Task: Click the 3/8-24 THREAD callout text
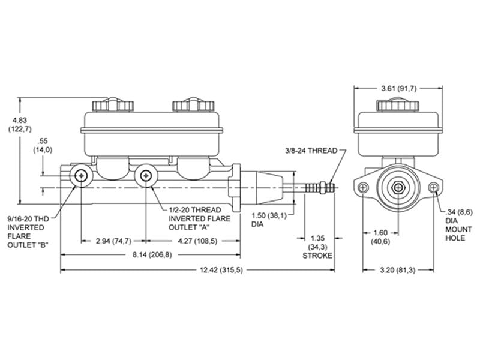(x=311, y=151)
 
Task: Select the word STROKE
(x=317, y=256)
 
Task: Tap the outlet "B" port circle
(x=82, y=176)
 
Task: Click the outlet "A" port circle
(x=146, y=176)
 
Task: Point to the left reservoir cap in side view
(x=113, y=105)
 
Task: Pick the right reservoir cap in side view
(x=193, y=105)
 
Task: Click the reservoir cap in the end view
(x=398, y=104)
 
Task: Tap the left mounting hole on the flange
(x=363, y=187)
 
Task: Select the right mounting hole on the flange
(x=433, y=187)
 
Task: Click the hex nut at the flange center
(x=398, y=187)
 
